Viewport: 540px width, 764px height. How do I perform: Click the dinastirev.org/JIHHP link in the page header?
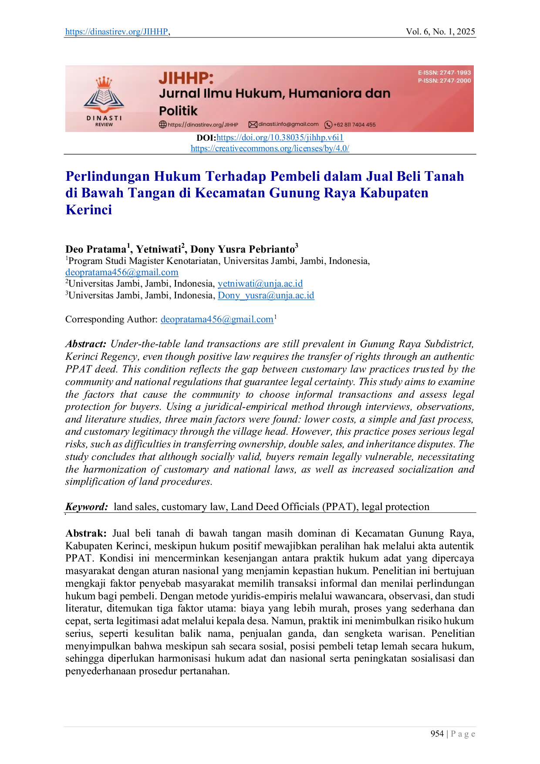click(117, 32)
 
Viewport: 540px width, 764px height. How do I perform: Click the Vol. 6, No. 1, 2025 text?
click(440, 32)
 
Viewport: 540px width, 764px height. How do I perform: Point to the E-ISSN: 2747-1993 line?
click(444, 73)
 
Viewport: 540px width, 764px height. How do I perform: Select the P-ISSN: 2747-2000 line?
click(444, 81)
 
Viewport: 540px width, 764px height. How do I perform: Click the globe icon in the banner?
click(163, 125)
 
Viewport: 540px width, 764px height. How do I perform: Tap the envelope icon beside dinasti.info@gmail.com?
click(253, 125)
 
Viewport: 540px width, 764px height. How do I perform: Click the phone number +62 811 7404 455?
click(354, 125)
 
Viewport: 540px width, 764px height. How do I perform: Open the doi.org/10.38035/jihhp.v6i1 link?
click(280, 138)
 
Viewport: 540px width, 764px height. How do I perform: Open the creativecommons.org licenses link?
click(270, 149)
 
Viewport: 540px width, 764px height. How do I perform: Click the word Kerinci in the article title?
click(89, 210)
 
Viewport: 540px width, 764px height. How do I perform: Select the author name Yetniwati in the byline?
click(159, 249)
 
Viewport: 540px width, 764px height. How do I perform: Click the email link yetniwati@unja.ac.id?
click(260, 284)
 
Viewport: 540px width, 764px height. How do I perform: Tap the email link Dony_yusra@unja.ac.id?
click(266, 296)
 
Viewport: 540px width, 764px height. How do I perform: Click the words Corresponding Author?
click(111, 319)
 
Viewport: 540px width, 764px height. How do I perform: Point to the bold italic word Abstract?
click(86, 344)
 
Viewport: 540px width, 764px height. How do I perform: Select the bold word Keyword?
click(87, 507)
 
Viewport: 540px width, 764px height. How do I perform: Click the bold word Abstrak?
click(86, 534)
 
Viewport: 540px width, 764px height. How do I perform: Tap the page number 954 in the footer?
click(437, 734)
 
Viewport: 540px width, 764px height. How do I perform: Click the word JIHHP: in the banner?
click(186, 78)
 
